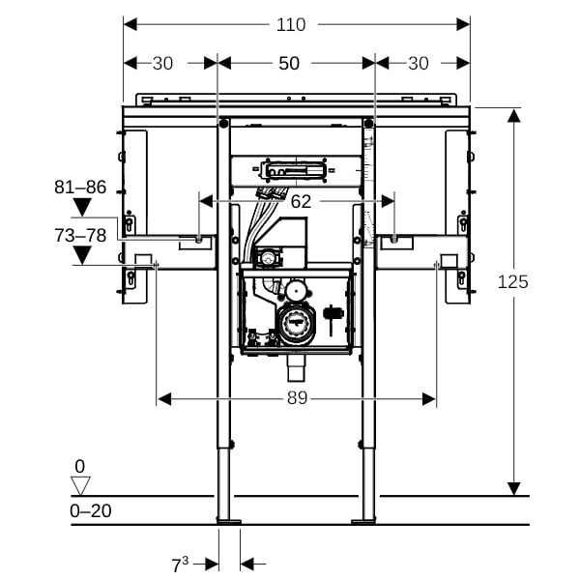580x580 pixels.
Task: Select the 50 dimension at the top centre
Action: click(x=289, y=63)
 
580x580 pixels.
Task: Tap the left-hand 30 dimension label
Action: click(x=163, y=63)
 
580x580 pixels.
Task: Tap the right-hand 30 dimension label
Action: click(x=418, y=63)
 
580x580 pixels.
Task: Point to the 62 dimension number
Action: click(x=301, y=201)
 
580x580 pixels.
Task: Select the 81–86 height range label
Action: click(x=81, y=187)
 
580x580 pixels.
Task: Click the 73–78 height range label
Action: click(x=81, y=235)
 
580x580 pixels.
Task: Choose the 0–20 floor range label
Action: click(x=91, y=509)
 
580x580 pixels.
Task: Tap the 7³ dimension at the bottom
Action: click(x=180, y=563)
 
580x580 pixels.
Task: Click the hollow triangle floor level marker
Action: click(x=80, y=485)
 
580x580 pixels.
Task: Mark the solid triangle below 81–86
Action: click(x=81, y=207)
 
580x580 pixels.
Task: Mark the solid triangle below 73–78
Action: click(x=81, y=255)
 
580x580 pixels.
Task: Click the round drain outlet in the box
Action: click(x=295, y=323)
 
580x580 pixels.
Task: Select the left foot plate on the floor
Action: click(x=230, y=522)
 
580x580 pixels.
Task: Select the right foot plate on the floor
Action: click(x=365, y=522)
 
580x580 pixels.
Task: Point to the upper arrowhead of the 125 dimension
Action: click(x=514, y=116)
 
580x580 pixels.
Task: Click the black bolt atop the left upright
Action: click(x=224, y=123)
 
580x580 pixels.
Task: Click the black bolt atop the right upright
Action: click(x=368, y=123)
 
